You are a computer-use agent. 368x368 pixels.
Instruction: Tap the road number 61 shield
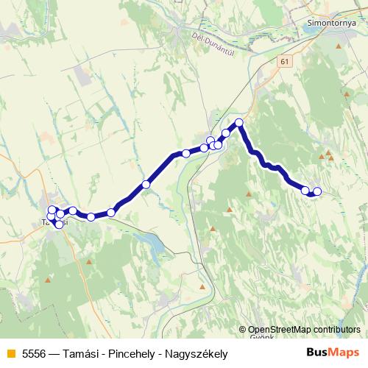click(x=285, y=63)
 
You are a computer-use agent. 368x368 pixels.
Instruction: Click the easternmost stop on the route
click(x=317, y=192)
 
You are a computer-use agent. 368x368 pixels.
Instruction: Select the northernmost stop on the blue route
click(x=239, y=122)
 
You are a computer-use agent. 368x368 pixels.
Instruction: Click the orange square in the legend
click(x=10, y=354)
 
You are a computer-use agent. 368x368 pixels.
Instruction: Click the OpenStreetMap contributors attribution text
click(x=304, y=330)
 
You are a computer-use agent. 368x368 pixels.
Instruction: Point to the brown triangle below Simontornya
click(x=338, y=46)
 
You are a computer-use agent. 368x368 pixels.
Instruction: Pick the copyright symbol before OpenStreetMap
click(x=243, y=330)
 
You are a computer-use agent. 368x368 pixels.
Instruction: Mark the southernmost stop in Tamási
click(x=59, y=224)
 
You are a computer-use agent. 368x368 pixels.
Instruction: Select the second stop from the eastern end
click(x=305, y=191)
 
